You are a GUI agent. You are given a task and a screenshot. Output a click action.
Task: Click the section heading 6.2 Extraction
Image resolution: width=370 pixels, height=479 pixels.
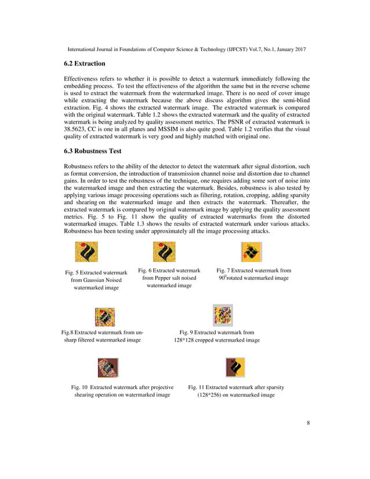point(85,63)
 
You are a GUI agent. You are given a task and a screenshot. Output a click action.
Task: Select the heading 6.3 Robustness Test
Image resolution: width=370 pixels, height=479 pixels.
point(93,151)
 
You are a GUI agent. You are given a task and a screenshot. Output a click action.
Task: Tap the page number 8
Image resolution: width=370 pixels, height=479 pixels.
point(308,423)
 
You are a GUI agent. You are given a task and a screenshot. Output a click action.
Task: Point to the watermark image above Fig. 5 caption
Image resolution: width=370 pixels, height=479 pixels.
point(86,252)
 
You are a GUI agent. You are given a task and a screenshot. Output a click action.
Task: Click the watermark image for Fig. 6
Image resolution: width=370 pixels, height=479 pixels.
point(164,252)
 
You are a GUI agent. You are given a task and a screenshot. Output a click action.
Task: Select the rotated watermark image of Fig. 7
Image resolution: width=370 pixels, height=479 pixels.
point(251,252)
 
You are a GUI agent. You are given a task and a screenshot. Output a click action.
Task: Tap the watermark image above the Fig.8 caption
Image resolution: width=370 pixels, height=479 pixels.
point(104,316)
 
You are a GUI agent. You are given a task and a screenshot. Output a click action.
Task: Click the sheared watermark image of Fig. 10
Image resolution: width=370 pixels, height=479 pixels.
point(108,368)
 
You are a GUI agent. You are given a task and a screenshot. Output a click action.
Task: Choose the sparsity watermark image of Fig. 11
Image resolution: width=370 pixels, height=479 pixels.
point(235,368)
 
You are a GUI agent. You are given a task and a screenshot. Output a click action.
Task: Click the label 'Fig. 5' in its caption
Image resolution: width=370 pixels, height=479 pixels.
point(72,272)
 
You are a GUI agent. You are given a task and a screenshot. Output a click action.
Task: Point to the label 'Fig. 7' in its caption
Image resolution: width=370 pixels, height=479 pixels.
point(224,270)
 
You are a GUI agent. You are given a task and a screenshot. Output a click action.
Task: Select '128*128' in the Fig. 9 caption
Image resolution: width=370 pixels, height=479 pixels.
point(185,340)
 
